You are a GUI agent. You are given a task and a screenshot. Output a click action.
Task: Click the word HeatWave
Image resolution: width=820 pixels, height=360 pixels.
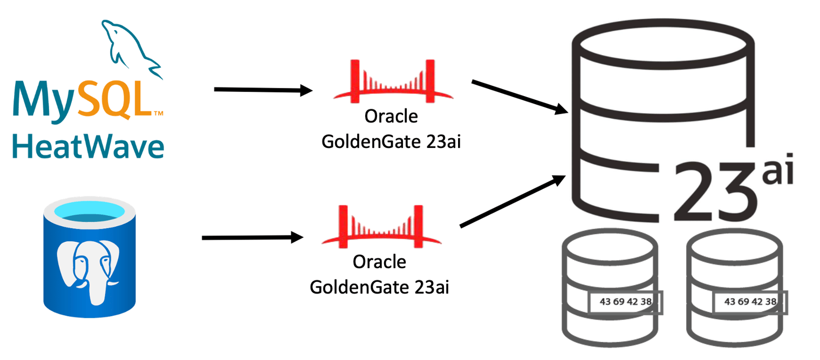click(88, 146)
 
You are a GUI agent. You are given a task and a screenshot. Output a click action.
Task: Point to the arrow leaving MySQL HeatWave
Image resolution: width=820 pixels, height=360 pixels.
click(263, 90)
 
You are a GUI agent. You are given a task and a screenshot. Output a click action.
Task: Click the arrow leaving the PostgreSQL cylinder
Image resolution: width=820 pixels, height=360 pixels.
click(251, 237)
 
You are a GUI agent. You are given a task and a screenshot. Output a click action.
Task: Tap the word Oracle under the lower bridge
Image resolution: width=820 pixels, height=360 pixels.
click(379, 262)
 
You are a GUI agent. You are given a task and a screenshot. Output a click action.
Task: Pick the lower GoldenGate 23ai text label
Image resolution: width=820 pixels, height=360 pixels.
click(379, 287)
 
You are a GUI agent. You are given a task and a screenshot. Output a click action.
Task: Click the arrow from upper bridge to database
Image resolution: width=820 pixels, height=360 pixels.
click(519, 97)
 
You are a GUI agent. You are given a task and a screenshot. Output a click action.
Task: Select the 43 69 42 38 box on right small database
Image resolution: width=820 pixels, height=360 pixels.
click(750, 302)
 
